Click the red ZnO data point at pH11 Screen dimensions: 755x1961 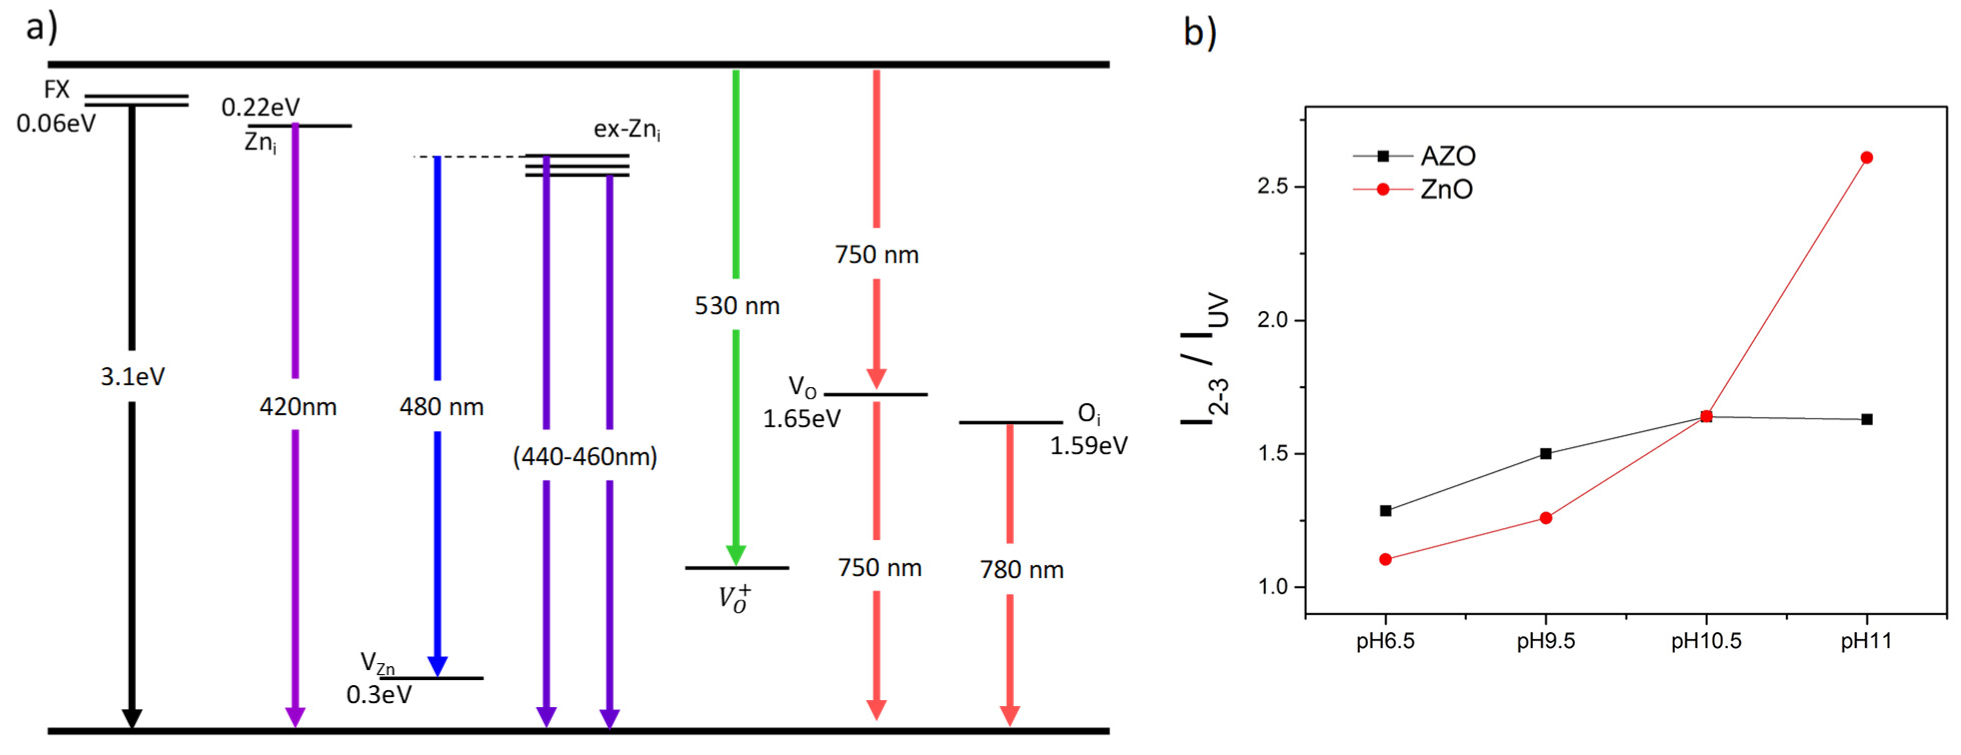[x=1866, y=157]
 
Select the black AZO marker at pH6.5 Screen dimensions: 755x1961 [x=1385, y=511]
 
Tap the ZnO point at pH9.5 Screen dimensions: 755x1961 [x=1545, y=518]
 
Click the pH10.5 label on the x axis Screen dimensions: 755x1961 [x=1706, y=641]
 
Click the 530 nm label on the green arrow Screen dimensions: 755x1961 [x=737, y=305]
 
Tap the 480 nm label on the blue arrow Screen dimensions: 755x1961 [x=441, y=406]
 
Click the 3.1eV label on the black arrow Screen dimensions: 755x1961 [x=132, y=376]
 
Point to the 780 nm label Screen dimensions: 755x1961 [x=1021, y=569]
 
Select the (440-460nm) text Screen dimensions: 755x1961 [x=584, y=457]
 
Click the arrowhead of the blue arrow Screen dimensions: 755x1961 [x=437, y=666]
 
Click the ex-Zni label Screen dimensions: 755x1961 [x=626, y=129]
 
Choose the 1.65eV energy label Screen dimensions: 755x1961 [x=801, y=419]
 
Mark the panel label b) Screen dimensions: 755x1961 [x=1199, y=32]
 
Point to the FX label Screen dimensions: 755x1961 [x=56, y=90]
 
